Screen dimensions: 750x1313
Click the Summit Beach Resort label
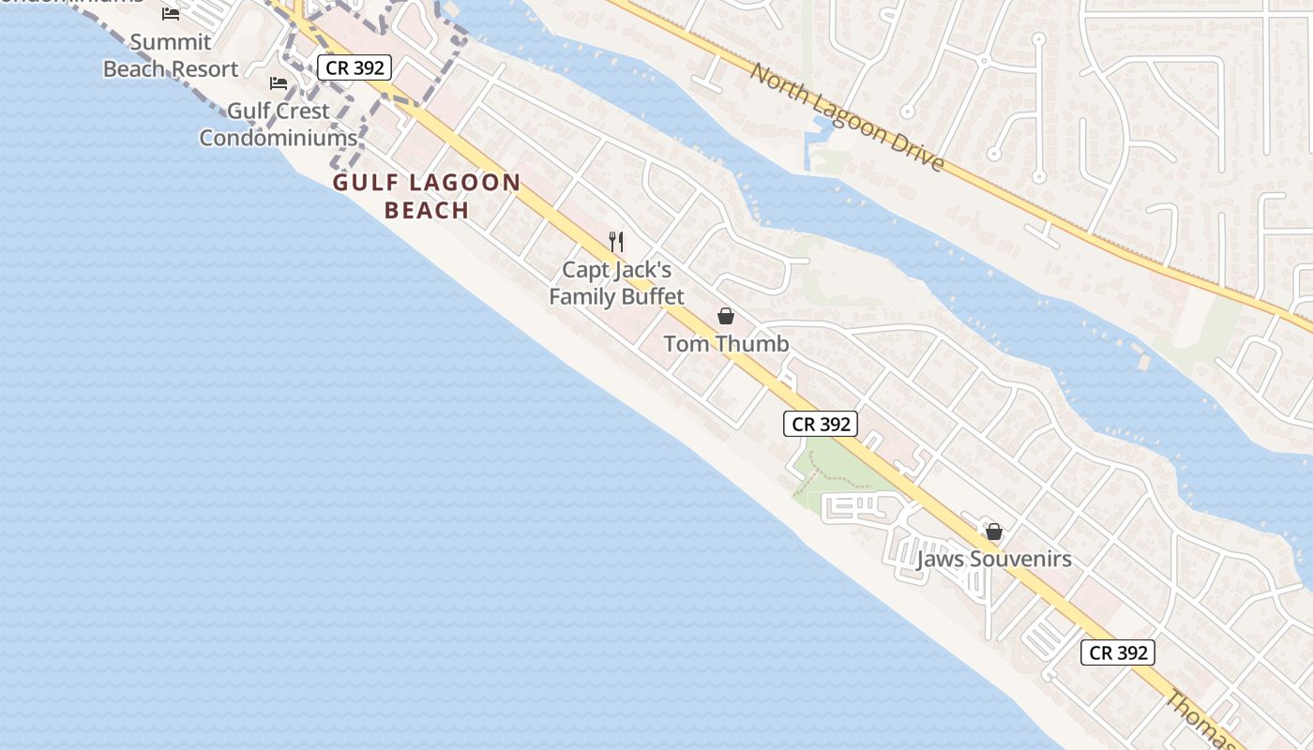171,55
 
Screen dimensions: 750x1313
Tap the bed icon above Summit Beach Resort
171,14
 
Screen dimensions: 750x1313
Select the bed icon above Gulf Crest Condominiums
279,82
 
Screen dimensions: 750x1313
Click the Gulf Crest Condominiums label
279,124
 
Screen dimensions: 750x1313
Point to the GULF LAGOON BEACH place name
427,196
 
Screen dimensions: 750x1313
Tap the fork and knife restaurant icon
616,242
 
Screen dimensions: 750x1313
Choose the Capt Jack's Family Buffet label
616,283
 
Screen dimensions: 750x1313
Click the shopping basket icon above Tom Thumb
726,316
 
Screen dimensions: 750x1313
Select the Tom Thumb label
726,344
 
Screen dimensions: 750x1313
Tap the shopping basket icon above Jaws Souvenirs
994,532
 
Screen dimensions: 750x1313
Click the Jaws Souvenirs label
994,560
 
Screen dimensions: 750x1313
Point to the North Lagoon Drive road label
846,117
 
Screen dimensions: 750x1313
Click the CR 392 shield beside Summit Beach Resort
353,67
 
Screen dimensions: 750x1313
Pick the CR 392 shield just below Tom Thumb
821,424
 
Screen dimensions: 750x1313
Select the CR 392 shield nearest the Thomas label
1117,652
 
